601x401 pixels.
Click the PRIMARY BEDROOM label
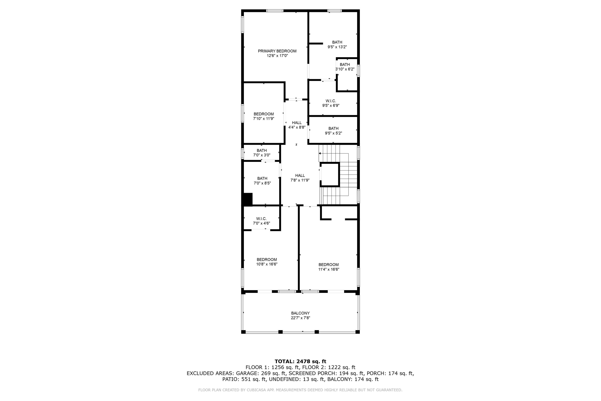point(277,51)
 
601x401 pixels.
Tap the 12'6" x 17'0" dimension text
point(277,56)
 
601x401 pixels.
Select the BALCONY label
point(300,313)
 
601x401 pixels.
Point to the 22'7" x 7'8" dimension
point(300,318)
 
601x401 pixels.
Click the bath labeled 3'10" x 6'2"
point(345,67)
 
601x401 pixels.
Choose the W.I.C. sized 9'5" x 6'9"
point(331,103)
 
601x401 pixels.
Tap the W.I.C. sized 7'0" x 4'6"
point(261,221)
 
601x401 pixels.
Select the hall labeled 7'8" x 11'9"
point(300,178)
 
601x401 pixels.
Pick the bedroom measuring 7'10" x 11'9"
point(263,116)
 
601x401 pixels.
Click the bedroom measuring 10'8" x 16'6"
point(267,262)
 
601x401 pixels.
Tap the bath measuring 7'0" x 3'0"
point(262,153)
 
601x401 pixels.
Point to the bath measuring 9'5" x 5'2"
point(333,131)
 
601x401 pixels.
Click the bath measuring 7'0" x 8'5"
point(262,181)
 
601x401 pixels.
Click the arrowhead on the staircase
point(320,153)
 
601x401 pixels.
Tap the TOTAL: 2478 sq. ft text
point(300,361)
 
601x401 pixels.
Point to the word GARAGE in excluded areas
point(245,373)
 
